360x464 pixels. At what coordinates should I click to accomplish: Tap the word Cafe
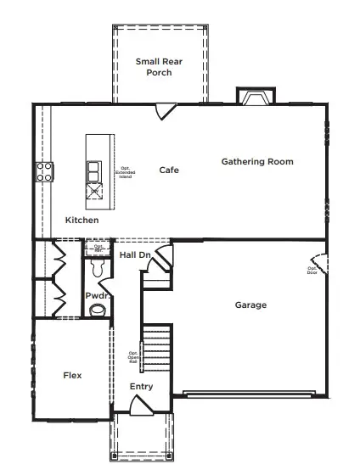click(169, 171)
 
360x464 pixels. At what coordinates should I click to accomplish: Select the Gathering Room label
click(257, 161)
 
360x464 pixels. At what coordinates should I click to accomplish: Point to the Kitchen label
click(82, 221)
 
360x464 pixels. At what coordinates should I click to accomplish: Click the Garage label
click(250, 305)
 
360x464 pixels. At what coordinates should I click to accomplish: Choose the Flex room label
click(72, 375)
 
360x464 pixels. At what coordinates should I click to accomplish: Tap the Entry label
click(141, 387)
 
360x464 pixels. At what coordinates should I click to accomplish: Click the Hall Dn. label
click(135, 254)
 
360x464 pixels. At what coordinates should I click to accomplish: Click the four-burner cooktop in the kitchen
click(43, 172)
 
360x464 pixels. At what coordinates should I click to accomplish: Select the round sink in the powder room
click(98, 310)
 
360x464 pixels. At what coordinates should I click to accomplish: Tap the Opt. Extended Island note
click(124, 172)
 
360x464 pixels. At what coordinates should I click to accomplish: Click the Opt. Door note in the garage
click(312, 271)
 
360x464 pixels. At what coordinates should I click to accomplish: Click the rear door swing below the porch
click(165, 110)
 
